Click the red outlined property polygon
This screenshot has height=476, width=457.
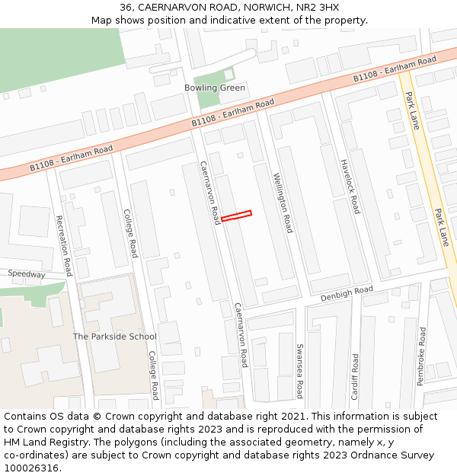[236, 216]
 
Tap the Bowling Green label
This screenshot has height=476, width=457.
[215, 88]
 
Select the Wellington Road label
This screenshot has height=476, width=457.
[283, 203]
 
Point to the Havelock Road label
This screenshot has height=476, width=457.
[350, 187]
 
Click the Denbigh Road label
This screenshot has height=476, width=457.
[347, 293]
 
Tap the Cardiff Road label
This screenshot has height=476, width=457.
[355, 376]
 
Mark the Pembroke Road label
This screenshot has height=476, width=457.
[423, 356]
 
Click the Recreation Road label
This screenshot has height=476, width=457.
[64, 245]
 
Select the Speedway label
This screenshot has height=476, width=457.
[27, 273]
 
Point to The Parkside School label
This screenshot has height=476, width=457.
[114, 336]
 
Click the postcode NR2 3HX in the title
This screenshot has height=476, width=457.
[319, 8]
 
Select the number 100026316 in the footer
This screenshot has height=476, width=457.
[31, 468]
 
